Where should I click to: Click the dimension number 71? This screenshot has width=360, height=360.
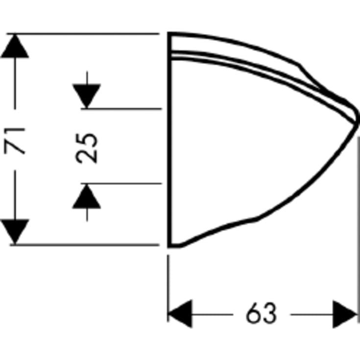coord(14,141)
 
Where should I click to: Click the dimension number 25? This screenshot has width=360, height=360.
coord(86,148)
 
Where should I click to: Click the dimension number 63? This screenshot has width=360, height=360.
coord(261,313)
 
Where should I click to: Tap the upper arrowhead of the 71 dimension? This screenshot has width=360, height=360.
coord(15,46)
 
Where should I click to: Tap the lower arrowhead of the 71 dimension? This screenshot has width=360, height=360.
coord(15,232)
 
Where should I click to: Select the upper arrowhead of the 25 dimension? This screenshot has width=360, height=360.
coord(87,96)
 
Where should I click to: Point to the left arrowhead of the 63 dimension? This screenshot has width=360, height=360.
coord(180,314)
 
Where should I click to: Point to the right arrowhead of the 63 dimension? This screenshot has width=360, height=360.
coord(345,314)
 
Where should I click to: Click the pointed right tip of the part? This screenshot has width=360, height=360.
coord(358,123)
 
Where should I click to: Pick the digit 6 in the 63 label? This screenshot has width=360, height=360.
coord(253,313)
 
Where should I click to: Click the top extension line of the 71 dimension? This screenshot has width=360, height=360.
coord(83,34)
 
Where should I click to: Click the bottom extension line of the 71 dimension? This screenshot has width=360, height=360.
coord(84,245)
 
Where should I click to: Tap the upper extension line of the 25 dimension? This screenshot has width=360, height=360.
coord(121,109)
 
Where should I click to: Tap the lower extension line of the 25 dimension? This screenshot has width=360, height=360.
coord(121,184)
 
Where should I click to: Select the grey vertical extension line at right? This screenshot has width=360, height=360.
coord(359,230)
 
